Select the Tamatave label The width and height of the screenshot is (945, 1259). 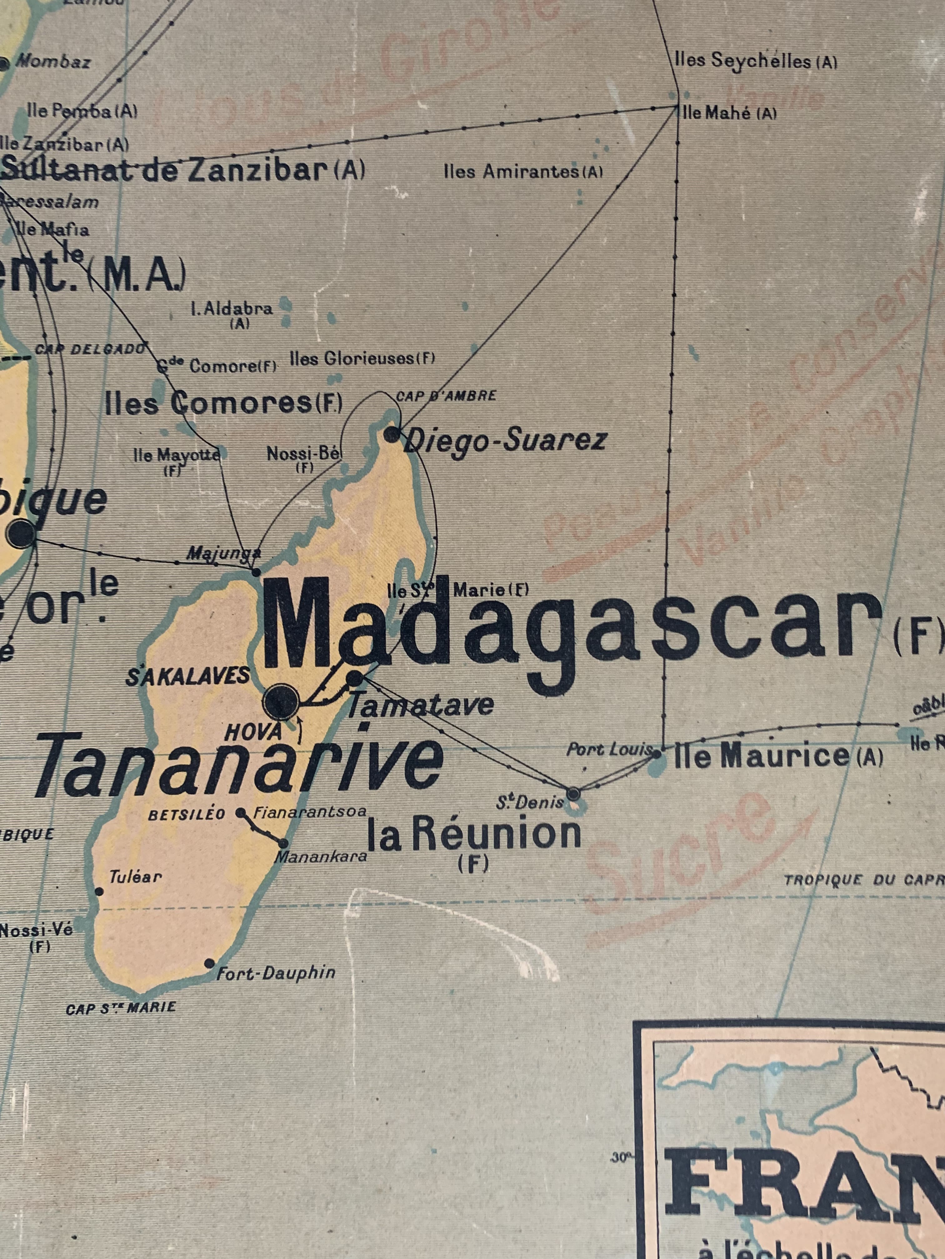(420, 705)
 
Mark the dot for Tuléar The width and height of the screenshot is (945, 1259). (99, 891)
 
